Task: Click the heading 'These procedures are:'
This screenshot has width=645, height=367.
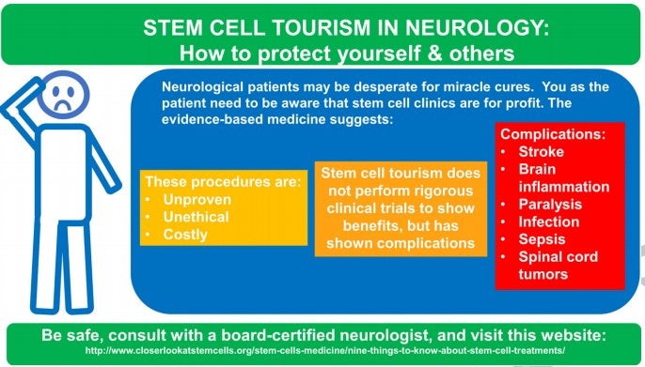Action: (223, 180)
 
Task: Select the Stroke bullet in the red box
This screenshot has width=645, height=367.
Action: (542, 151)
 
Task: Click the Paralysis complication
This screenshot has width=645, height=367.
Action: (550, 204)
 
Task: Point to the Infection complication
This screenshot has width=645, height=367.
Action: (549, 222)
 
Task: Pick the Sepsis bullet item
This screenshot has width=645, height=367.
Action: (542, 239)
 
